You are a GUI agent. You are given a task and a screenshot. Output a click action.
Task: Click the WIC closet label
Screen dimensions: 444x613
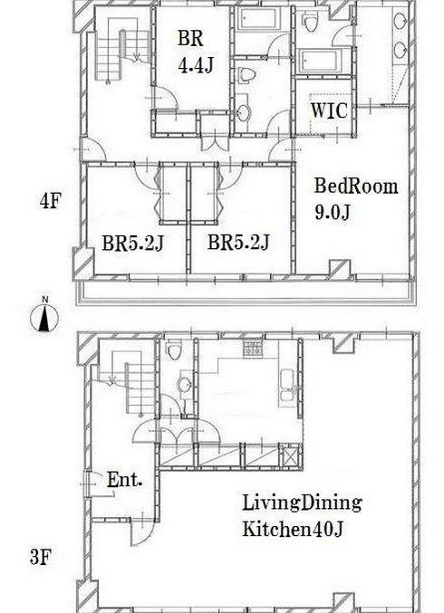pyautogui.click(x=329, y=110)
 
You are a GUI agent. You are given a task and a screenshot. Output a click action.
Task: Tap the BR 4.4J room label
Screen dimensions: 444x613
pyautogui.click(x=195, y=52)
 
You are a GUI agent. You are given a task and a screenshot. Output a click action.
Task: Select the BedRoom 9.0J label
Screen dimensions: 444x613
pyautogui.click(x=356, y=198)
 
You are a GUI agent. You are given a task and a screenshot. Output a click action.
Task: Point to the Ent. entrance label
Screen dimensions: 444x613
pyautogui.click(x=124, y=480)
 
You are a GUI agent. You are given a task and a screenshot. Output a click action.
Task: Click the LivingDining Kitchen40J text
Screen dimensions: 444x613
pyautogui.click(x=302, y=515)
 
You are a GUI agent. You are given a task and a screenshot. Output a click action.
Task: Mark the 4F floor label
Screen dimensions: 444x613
pyautogui.click(x=50, y=201)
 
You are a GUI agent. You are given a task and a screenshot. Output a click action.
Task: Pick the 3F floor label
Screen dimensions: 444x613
pyautogui.click(x=40, y=558)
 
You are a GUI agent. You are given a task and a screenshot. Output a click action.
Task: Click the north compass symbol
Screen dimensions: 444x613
pyautogui.click(x=44, y=315)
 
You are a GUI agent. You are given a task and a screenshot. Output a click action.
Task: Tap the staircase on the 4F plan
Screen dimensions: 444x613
pyautogui.click(x=122, y=49)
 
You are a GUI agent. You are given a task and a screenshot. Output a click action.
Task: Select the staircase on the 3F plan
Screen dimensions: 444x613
pyautogui.click(x=131, y=381)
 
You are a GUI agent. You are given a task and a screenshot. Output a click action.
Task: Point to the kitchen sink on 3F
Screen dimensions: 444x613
pyautogui.click(x=287, y=385)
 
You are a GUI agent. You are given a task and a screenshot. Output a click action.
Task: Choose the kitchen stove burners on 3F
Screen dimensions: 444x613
pyautogui.click(x=253, y=348)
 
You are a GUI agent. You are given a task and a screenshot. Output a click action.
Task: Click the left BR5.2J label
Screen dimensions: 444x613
pyautogui.click(x=132, y=243)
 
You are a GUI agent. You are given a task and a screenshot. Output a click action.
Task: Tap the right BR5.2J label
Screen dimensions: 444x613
pyautogui.click(x=238, y=242)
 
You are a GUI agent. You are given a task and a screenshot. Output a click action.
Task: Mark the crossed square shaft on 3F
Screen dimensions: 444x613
pyautogui.click(x=290, y=455)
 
